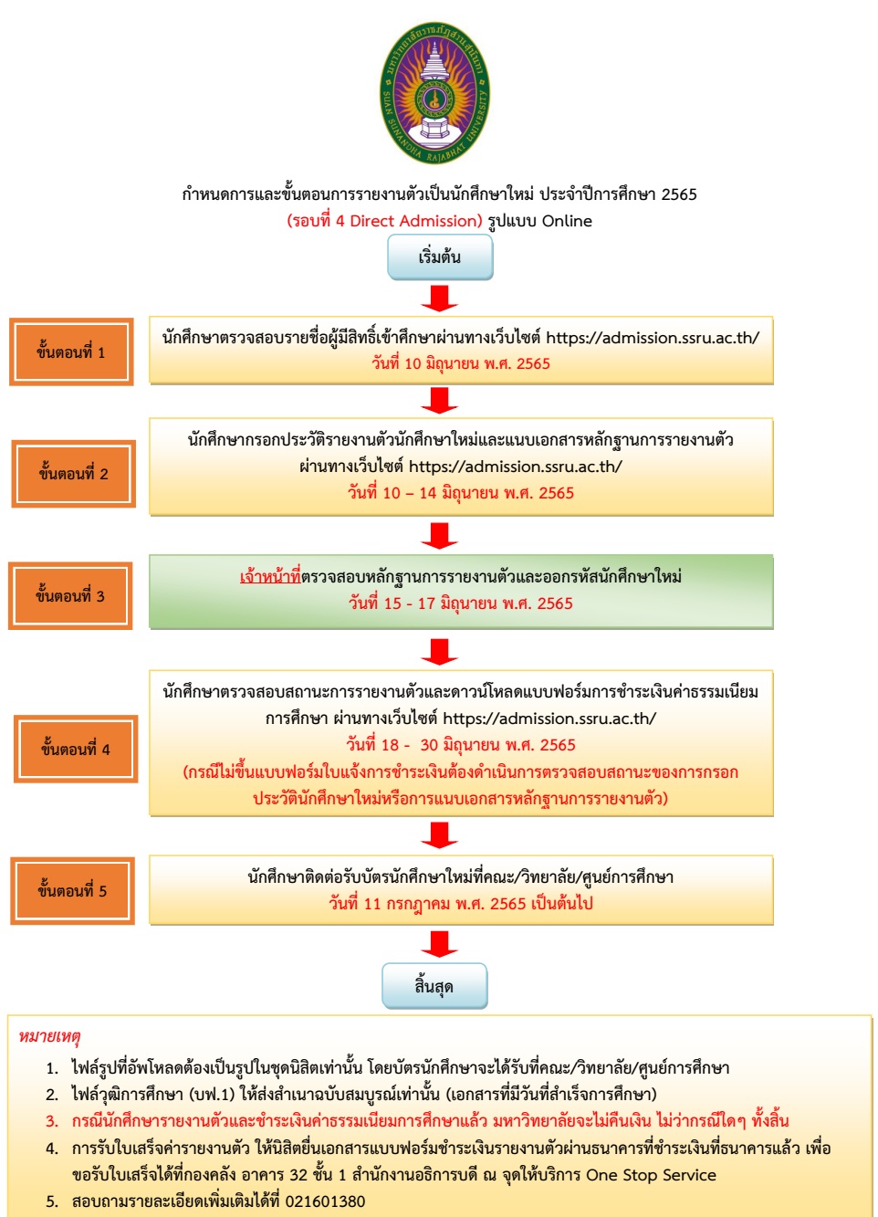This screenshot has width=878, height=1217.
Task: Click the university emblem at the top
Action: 434,93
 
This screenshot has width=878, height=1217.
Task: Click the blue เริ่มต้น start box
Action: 440,257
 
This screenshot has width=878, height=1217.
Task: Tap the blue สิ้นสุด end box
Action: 434,986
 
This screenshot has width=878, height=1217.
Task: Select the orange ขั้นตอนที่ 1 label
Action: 71,352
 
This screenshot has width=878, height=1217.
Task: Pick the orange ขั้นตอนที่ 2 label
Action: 73,474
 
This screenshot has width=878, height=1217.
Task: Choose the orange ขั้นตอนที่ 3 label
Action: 70,596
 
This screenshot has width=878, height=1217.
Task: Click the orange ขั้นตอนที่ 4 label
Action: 75,750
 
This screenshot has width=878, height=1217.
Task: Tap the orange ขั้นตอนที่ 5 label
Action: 72,891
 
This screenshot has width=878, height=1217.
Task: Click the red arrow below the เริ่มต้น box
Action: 440,298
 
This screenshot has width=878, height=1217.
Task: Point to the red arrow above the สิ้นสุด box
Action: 440,944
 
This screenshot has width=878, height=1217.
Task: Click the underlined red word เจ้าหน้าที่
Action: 270,577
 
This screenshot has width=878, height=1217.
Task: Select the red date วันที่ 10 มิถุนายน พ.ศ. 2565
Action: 461,363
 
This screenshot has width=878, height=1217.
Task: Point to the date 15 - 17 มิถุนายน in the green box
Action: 461,603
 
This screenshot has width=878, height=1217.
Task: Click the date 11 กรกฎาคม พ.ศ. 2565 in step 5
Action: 461,904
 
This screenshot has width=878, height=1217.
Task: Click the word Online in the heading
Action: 567,221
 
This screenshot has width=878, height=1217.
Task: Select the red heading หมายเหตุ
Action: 49,1037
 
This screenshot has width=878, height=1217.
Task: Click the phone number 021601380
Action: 325,1201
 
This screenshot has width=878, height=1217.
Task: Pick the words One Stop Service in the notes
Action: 651,1175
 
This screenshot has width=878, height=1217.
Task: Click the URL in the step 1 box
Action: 653,338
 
